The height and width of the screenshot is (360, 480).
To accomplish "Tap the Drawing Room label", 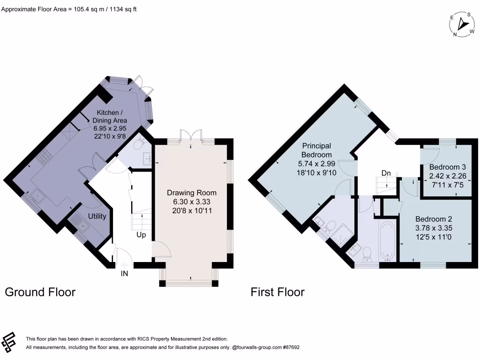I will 192,193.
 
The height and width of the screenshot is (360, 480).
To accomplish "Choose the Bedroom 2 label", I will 434,219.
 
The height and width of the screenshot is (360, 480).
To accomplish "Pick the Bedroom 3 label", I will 447,167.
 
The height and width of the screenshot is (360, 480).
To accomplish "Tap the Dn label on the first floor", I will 386,173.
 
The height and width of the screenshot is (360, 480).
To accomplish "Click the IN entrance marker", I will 125,273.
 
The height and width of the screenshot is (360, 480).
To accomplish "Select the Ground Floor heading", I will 40,292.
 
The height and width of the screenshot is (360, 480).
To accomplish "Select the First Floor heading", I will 277,292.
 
